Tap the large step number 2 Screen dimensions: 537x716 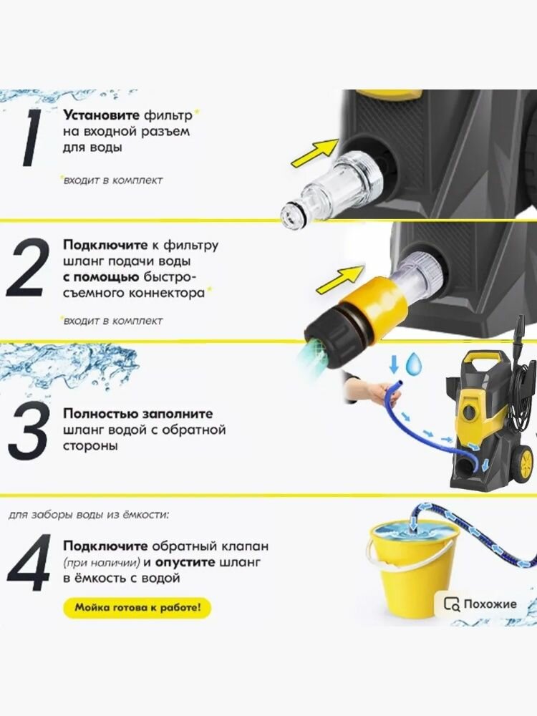pos(30,268)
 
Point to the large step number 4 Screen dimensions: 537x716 pos(29,563)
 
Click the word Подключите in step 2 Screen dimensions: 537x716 pos(105,245)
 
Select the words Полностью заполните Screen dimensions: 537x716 pos(138,414)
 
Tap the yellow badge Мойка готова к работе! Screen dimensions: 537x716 pos(137,608)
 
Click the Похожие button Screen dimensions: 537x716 pos(481,604)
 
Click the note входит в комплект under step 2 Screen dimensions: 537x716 pos(112,321)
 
